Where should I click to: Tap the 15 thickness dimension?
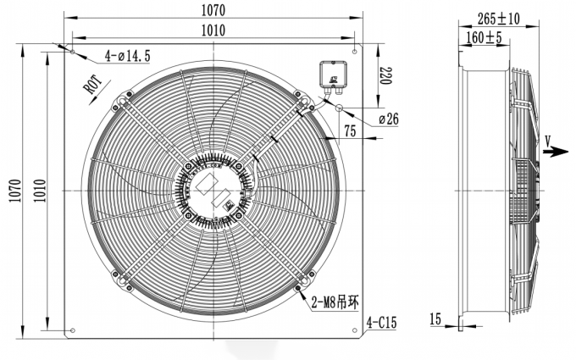435,319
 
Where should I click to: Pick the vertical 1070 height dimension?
11,191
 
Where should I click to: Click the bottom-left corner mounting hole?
73,330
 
